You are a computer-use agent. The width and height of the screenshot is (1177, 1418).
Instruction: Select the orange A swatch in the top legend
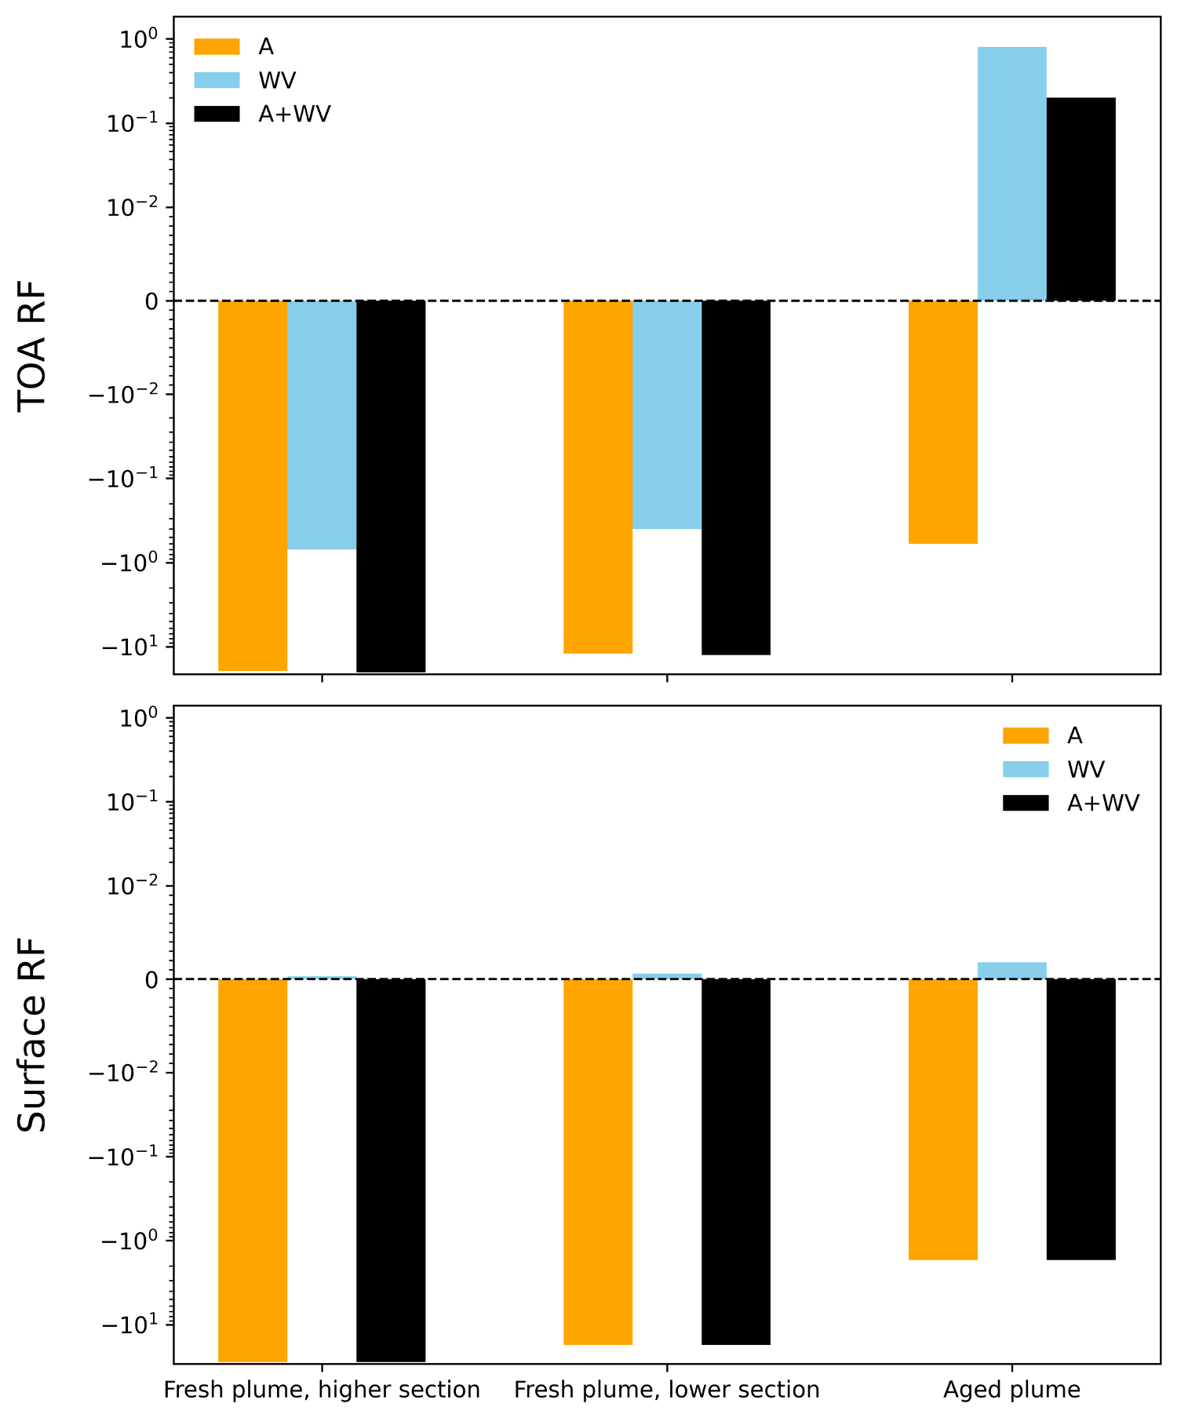coord(217,47)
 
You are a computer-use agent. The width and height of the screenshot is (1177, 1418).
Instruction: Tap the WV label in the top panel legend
coord(277,81)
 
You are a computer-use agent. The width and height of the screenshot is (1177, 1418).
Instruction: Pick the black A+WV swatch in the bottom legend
coord(1026,803)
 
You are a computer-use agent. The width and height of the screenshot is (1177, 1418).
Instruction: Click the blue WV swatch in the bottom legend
coord(1026,769)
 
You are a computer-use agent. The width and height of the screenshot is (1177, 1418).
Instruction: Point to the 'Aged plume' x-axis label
coord(1011,1390)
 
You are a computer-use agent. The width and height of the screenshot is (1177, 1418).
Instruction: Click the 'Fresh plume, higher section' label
coord(322,1390)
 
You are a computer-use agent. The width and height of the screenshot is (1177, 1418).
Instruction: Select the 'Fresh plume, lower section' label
coord(666,1390)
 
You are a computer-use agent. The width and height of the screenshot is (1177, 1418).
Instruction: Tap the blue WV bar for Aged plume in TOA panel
coord(1011,173)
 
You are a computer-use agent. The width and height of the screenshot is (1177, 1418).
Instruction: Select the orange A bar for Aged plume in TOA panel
coord(942,421)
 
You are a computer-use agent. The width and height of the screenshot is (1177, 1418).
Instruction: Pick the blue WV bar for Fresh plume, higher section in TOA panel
coord(322,425)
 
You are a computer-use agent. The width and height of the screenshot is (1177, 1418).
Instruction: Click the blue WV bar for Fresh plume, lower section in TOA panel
coord(666,414)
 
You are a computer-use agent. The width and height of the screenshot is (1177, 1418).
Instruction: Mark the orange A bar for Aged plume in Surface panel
coord(942,1119)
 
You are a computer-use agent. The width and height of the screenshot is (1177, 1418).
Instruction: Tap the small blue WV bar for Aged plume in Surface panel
coord(1011,971)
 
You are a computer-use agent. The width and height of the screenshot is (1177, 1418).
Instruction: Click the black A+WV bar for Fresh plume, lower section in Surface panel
coord(735,1161)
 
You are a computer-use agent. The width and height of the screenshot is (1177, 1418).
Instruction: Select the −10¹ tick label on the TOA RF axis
coord(127,648)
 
